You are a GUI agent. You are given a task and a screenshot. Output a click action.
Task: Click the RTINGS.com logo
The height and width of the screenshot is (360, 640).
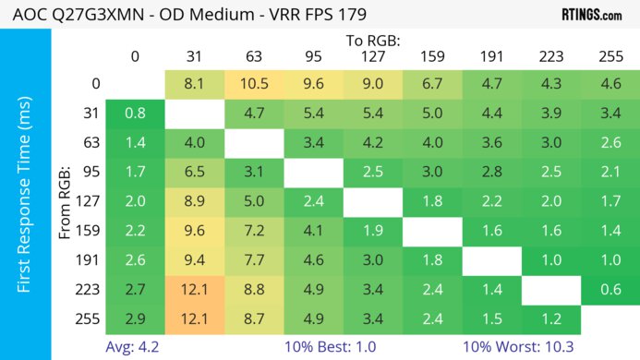[x=590, y=15]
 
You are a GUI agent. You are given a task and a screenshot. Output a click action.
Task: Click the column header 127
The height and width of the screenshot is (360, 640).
[x=372, y=56]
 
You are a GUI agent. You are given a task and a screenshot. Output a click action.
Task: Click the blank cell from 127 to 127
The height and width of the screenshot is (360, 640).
[x=372, y=202]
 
